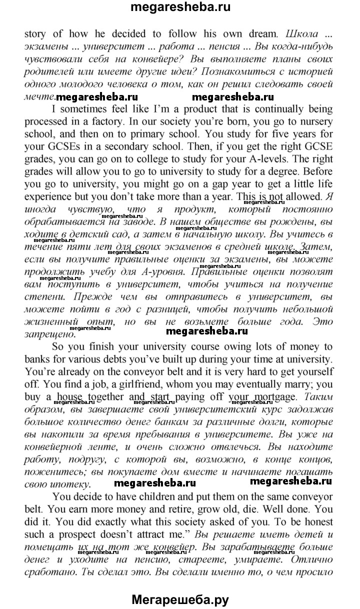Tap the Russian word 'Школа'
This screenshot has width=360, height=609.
click(x=299, y=34)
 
